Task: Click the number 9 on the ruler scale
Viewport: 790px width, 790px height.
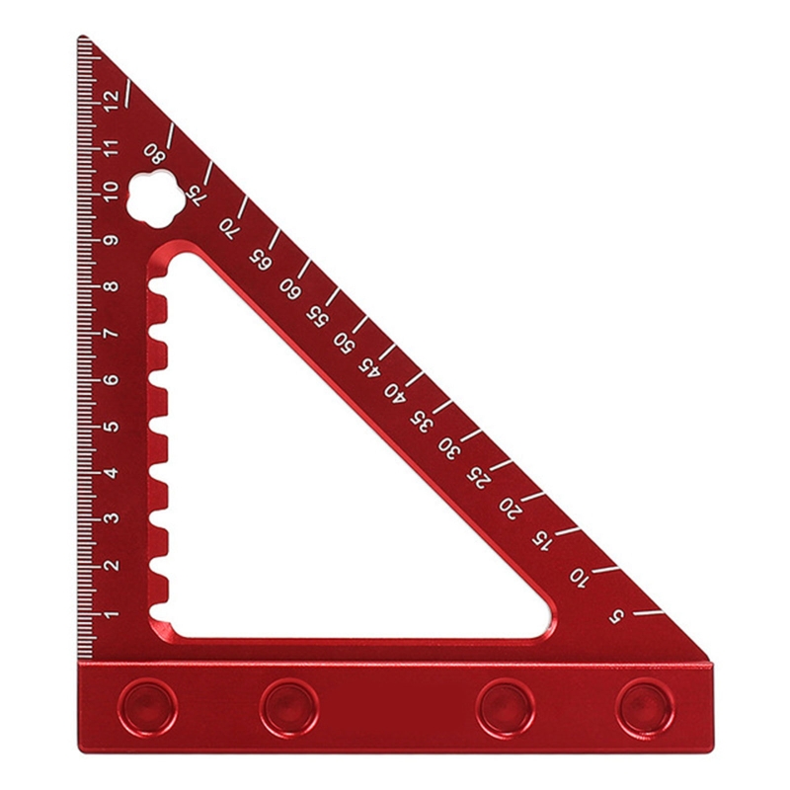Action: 111,240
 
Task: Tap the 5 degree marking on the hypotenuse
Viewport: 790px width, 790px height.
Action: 617,617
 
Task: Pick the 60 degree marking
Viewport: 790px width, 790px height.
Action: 288,287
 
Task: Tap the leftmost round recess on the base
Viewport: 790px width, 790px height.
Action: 148,703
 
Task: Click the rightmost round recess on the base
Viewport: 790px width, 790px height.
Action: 645,703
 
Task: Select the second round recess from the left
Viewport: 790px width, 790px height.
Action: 288,703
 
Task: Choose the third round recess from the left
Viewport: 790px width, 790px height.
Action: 505,703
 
